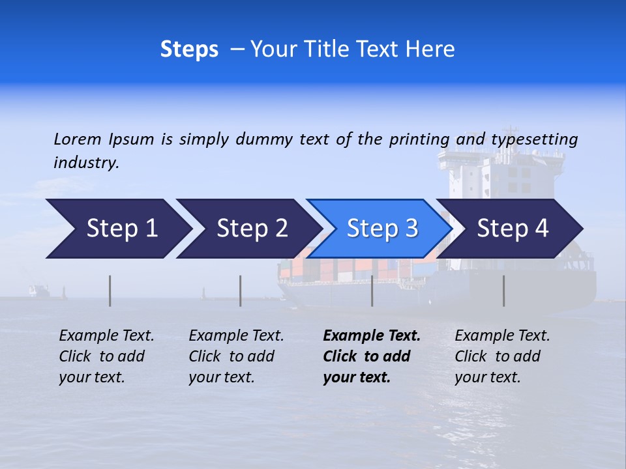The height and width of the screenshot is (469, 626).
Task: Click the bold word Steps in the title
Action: (189, 50)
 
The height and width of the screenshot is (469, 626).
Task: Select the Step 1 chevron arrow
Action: (117, 229)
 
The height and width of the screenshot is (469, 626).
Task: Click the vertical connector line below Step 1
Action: (110, 291)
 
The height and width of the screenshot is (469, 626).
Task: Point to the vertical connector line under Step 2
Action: (241, 291)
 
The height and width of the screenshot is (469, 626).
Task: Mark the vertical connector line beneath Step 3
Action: (372, 291)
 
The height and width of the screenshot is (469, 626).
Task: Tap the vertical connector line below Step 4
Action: (503, 291)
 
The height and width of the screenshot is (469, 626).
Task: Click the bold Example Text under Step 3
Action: (371, 356)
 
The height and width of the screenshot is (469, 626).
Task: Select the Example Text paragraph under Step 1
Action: (106, 356)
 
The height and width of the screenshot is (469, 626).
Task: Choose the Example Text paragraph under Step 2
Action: (236, 356)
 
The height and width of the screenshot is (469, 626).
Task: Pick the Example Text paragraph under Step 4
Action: (502, 356)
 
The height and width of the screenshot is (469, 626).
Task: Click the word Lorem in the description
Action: (78, 139)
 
